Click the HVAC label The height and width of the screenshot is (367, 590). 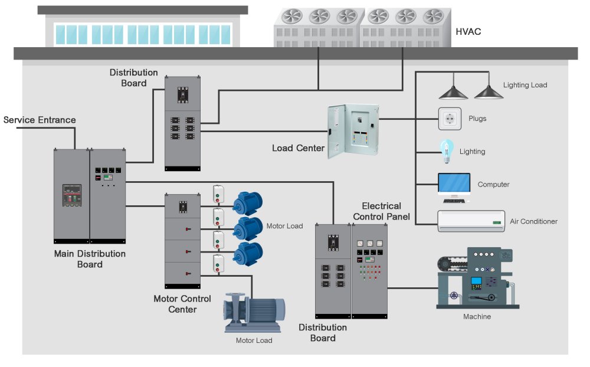point(468,32)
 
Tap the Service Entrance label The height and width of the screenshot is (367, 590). point(40,120)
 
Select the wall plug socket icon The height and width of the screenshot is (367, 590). point(451,119)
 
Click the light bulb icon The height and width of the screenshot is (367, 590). point(446,150)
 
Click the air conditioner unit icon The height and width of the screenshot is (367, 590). point(471,221)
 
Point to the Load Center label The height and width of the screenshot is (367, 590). point(298,148)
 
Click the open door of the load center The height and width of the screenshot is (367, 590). point(337,130)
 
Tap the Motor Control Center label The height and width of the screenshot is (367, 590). point(182,304)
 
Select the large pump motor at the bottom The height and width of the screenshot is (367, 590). point(254,311)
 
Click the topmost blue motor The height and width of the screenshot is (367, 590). point(248,203)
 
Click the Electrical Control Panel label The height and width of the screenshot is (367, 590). point(381,211)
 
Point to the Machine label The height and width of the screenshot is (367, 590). point(477,317)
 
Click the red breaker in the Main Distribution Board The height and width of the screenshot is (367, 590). point(71,195)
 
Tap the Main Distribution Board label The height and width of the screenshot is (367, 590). point(90,259)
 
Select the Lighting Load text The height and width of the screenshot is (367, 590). point(525,85)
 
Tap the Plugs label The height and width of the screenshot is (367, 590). point(477,119)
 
